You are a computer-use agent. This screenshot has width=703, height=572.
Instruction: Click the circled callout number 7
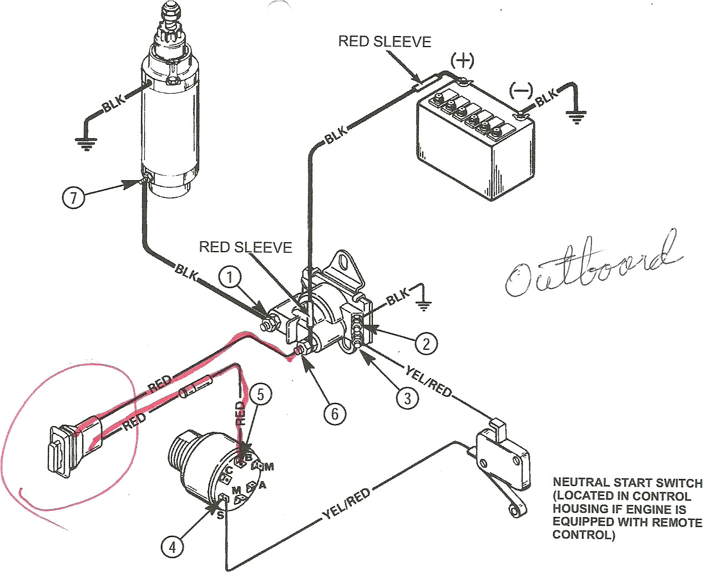(74, 197)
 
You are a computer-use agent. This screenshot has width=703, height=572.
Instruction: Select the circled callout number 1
(231, 277)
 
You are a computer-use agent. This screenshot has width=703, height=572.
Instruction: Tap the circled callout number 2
(426, 344)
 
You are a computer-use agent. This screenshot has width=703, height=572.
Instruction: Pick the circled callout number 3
(408, 397)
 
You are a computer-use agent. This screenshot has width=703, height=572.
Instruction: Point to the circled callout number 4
(173, 547)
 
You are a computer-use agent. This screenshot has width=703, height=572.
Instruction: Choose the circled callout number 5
(261, 394)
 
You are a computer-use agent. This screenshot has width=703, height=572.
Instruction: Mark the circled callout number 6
(335, 413)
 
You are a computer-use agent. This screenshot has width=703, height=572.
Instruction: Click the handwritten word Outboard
(591, 266)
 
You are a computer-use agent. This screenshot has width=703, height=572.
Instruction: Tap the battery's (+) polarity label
(462, 60)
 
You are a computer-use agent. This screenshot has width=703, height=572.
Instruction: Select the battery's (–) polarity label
(520, 90)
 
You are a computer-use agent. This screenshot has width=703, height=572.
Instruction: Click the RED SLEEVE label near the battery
(385, 42)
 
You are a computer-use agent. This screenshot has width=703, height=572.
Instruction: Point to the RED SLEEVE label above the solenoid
(245, 247)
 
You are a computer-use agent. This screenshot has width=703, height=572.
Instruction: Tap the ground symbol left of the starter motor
(84, 144)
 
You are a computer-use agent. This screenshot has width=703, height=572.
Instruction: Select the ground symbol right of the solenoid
(424, 304)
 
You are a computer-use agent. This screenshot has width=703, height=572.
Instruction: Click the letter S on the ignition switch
(220, 515)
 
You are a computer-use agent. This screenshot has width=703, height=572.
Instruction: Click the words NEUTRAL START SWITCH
(628, 483)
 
